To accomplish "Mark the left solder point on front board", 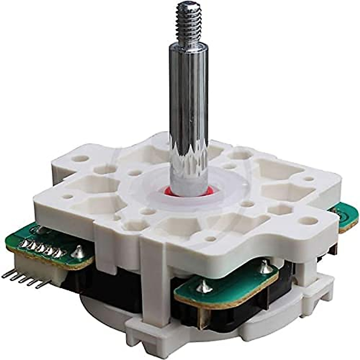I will click(x=204, y=286).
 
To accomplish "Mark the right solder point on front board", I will click(x=264, y=267).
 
